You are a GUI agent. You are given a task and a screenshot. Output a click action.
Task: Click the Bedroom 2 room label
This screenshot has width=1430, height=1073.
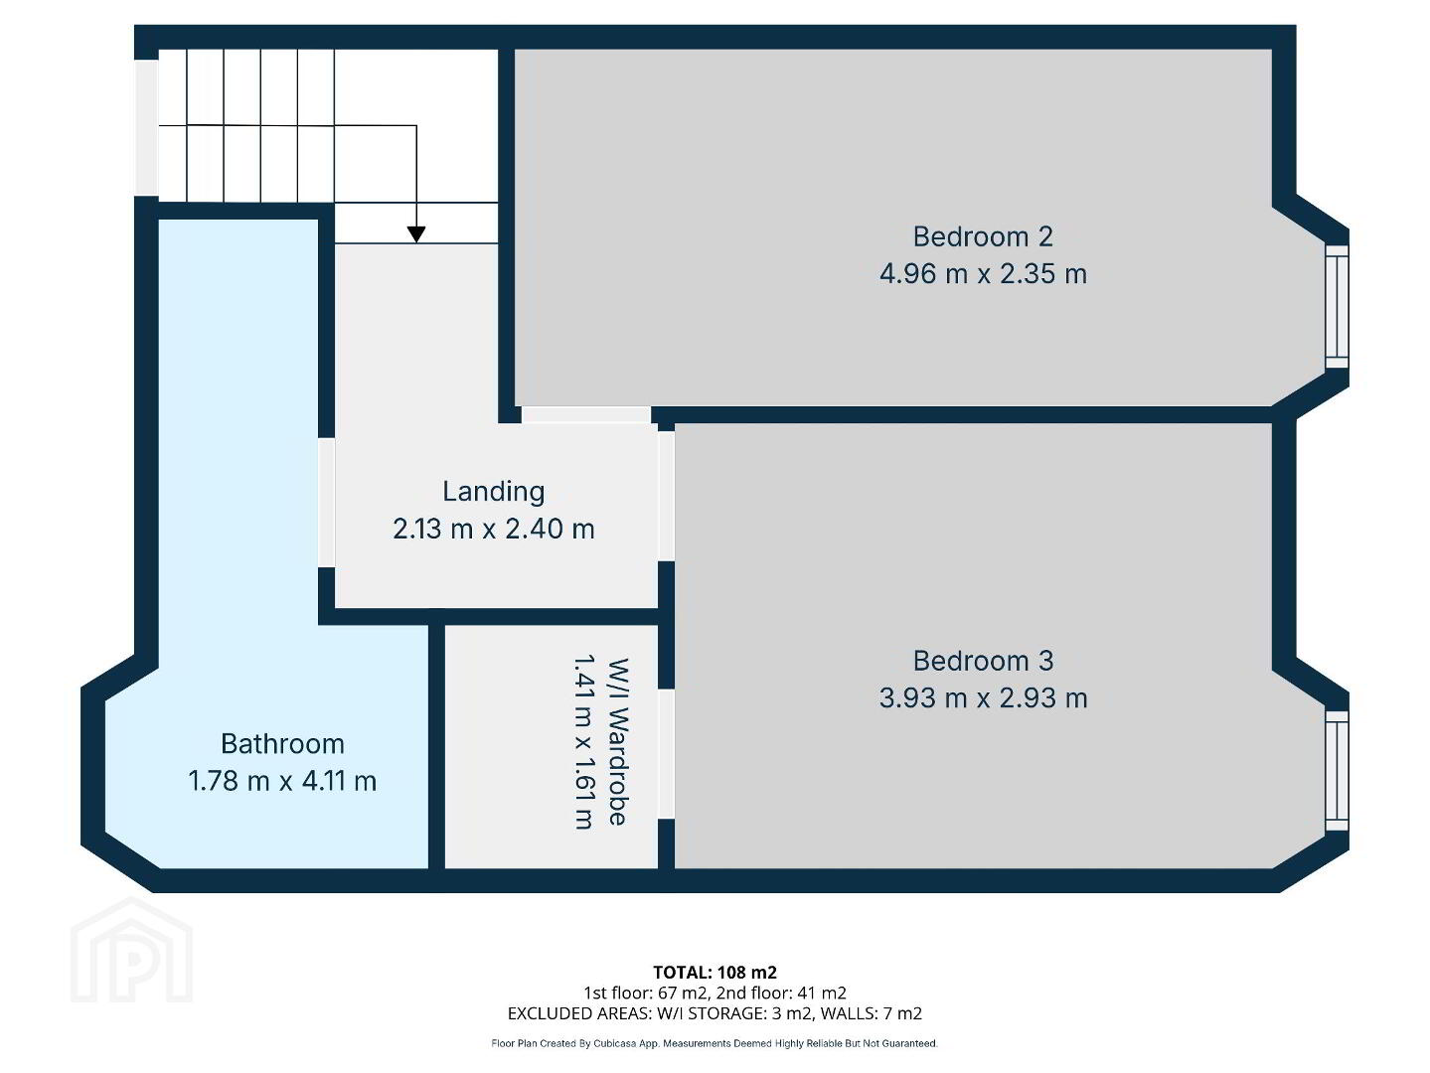click(x=983, y=236)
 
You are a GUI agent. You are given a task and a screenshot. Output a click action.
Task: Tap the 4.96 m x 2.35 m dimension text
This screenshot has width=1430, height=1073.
click(x=983, y=273)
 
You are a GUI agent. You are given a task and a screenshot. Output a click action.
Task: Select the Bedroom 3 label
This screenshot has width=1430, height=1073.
click(x=983, y=661)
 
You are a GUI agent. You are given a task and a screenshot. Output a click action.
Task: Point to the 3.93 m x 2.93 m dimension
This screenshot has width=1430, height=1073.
click(x=983, y=698)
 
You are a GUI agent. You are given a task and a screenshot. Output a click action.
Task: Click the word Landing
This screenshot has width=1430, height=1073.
click(x=493, y=492)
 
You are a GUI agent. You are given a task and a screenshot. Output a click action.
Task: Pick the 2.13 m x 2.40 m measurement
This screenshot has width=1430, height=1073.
click(x=493, y=529)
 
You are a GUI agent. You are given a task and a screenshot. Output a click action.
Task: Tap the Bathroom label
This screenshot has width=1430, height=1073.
click(x=282, y=743)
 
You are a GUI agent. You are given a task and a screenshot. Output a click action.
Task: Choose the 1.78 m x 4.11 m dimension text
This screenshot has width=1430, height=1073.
click(x=282, y=781)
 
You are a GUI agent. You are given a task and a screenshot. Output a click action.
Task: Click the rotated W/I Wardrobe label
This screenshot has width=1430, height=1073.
click(x=617, y=741)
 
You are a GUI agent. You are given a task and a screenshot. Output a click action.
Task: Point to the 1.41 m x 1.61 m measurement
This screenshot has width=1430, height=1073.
click(x=583, y=741)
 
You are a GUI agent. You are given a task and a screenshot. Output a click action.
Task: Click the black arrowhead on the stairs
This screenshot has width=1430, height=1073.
click(x=416, y=234)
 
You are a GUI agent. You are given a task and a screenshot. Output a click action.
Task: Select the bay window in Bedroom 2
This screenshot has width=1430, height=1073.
click(x=1337, y=306)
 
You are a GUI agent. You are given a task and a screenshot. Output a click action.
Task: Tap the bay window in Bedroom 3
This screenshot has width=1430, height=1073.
click(x=1337, y=771)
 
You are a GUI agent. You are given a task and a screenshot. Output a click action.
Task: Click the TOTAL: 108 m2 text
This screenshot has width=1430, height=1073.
click(x=715, y=972)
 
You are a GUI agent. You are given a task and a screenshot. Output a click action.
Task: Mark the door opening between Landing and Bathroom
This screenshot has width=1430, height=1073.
click(x=326, y=502)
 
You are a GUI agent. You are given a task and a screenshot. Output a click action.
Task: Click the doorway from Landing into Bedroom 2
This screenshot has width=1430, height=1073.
click(x=585, y=414)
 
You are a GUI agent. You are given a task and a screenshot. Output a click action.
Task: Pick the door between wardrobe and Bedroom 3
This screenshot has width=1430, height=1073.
click(x=666, y=753)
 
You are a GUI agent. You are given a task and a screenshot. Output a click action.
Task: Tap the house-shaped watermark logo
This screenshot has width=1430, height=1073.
click(x=131, y=950)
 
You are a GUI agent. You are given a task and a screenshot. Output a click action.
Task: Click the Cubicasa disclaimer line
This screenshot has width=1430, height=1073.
click(x=715, y=1043)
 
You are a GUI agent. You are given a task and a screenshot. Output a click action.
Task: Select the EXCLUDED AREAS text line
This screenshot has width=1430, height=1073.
click(x=715, y=1013)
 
